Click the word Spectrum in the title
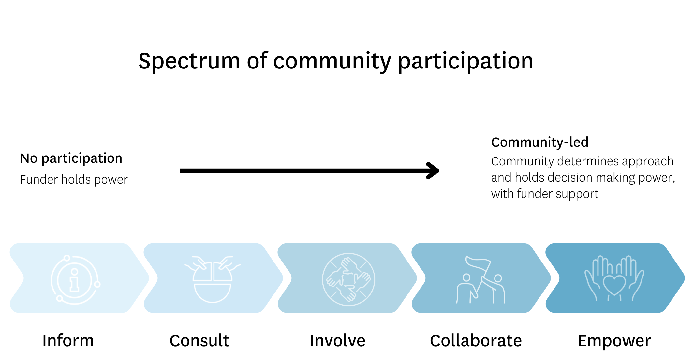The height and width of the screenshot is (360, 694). (189, 61)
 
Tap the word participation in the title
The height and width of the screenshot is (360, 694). (465, 61)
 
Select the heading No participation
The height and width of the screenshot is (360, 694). (71, 158)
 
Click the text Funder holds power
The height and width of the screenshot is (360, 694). (74, 179)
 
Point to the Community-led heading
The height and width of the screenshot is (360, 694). (539, 142)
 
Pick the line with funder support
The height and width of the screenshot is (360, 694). (544, 194)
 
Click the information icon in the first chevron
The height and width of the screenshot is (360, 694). (75, 280)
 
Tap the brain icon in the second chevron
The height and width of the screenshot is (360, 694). (213, 280)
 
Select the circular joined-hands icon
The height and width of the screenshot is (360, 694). (348, 279)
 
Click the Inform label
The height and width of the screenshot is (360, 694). (68, 341)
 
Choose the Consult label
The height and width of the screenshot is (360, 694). (199, 341)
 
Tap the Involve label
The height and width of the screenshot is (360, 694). (337, 341)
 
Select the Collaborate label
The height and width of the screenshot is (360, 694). (476, 341)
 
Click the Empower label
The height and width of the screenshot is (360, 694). (614, 341)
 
